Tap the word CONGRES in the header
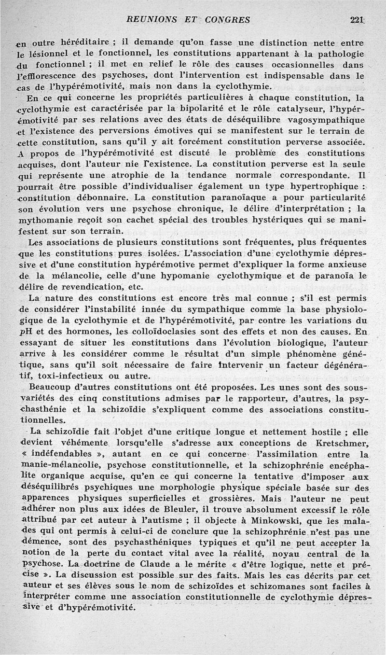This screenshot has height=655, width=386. coord(227,20)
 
